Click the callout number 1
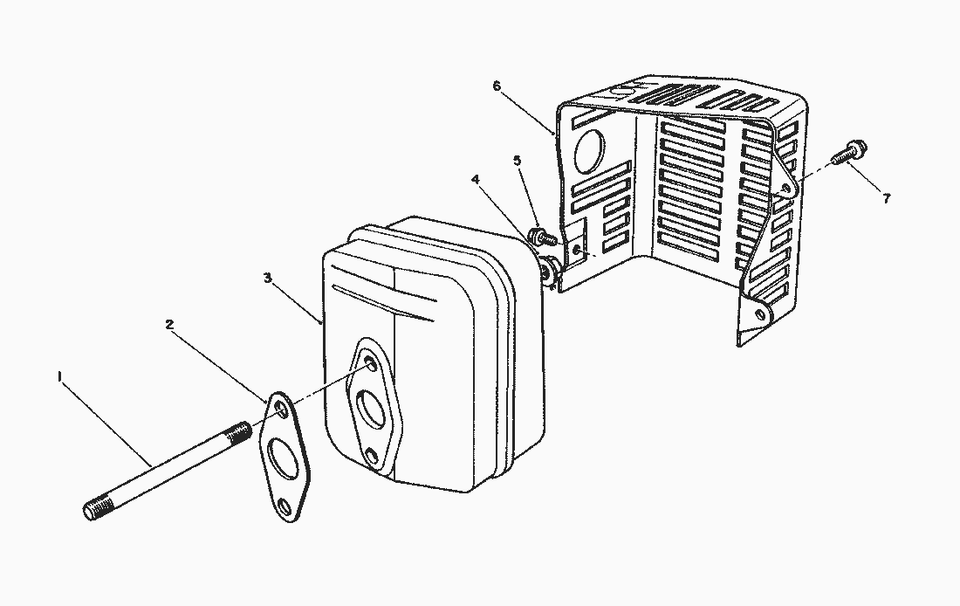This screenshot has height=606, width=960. coord(59,376)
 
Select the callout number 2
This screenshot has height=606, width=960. coord(169,325)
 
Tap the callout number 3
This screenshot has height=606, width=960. coord(268,279)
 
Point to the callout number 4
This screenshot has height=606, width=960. coord(476,180)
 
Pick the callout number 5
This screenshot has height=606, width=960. coord(518,161)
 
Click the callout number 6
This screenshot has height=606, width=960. coord(496,86)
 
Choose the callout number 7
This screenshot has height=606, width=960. coord(886,198)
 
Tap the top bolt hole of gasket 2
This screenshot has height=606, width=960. coord(280,408)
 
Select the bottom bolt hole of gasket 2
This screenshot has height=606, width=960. coord(284,506)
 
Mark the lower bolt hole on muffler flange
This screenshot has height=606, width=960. coord(372,456)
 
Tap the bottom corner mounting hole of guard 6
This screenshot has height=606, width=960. coord(760,314)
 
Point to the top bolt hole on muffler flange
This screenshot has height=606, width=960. coord(368,362)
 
